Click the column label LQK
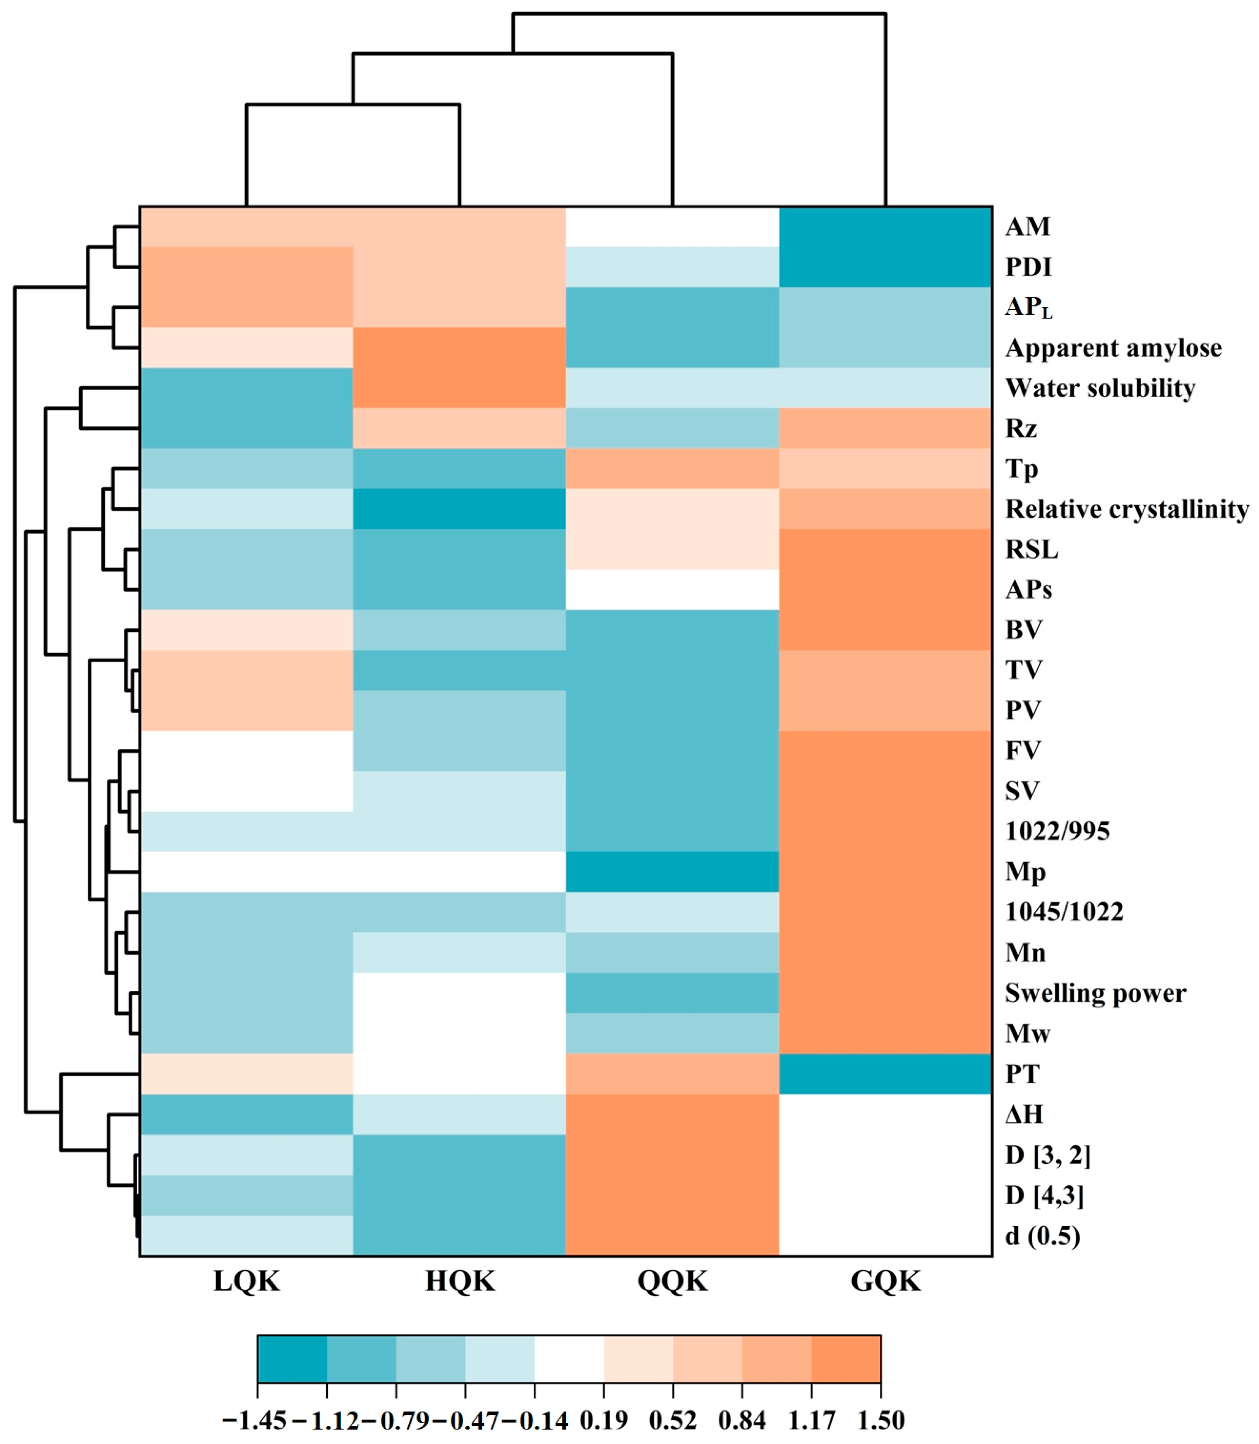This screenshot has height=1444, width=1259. pyautogui.click(x=247, y=1281)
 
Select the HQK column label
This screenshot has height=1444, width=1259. pyautogui.click(x=460, y=1281)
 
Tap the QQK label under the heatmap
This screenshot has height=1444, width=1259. pyautogui.click(x=672, y=1281)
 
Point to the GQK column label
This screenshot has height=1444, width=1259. pyautogui.click(x=885, y=1281)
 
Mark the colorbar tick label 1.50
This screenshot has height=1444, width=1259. pyautogui.click(x=881, y=1420)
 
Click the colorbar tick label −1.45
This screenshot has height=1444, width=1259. pyautogui.click(x=254, y=1420)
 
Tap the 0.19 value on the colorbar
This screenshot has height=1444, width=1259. pyautogui.click(x=603, y=1420)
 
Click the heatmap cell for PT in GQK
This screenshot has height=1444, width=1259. pyautogui.click(x=885, y=1074)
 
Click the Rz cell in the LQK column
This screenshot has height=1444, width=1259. pyautogui.click(x=247, y=428)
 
